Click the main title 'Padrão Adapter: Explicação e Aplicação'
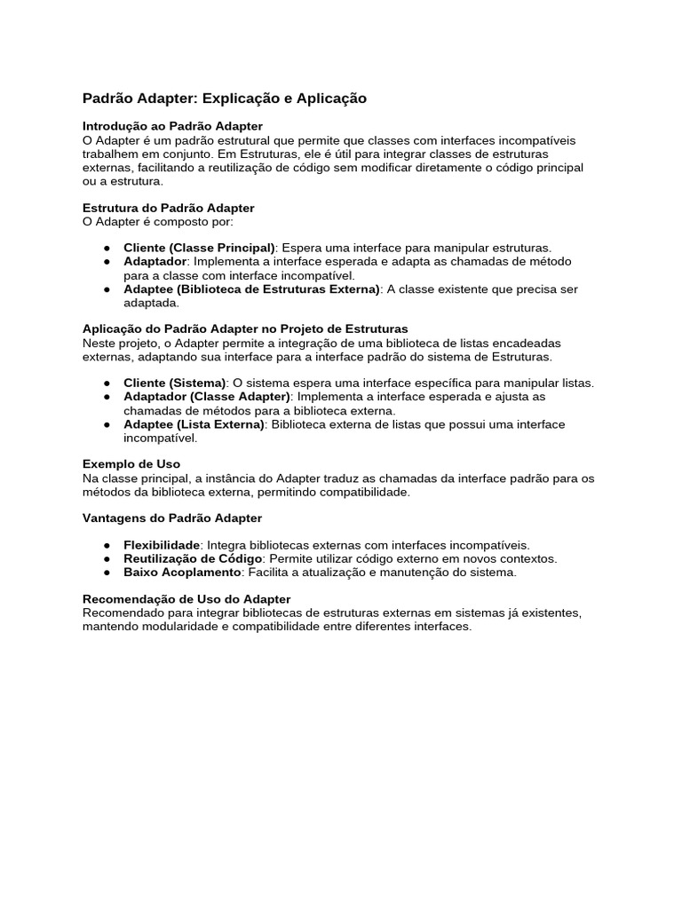pyautogui.click(x=224, y=99)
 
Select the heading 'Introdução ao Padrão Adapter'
pyautogui.click(x=172, y=127)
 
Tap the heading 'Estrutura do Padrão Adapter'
pyautogui.click(x=168, y=208)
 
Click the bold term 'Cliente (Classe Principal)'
pyautogui.click(x=200, y=248)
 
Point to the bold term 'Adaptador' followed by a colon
pyautogui.click(x=155, y=262)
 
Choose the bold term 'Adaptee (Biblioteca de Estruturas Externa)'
pyautogui.click(x=251, y=289)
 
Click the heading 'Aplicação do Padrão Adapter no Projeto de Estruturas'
pyautogui.click(x=245, y=328)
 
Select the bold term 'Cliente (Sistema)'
pyautogui.click(x=175, y=383)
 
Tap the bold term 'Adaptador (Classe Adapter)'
pyautogui.click(x=207, y=397)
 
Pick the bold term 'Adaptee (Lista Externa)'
pyautogui.click(x=194, y=424)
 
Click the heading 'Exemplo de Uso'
pyautogui.click(x=131, y=464)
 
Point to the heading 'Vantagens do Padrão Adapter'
pyautogui.click(x=172, y=518)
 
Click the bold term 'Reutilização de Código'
pyautogui.click(x=193, y=558)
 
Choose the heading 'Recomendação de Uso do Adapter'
pyautogui.click(x=186, y=599)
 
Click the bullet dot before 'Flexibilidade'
pyautogui.click(x=106, y=545)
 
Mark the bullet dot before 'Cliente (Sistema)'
pyautogui.click(x=106, y=383)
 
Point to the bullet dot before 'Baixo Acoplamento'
pyautogui.click(x=106, y=573)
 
